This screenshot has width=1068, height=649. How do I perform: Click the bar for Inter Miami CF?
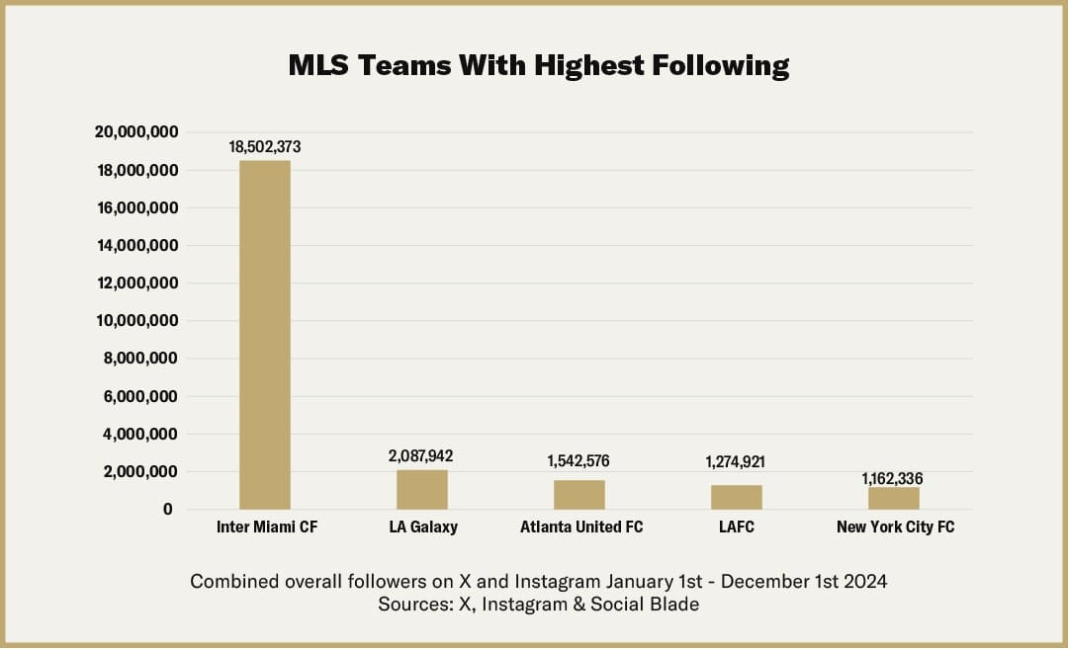pos(265,335)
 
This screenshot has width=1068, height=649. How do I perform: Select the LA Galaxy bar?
pos(422,489)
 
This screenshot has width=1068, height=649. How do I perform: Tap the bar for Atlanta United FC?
pos(579,494)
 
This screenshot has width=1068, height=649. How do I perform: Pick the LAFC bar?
pos(737,497)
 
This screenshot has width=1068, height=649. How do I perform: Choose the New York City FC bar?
pos(894,498)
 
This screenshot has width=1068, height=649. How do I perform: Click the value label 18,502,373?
pos(265,146)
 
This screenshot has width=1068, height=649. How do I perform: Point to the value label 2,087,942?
pos(422,455)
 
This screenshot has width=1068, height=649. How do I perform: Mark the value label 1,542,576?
pos(579,461)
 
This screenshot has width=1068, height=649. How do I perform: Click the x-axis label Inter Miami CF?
pos(267,527)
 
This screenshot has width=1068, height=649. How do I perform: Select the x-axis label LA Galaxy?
pos(423,527)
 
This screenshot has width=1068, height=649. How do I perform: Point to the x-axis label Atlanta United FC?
pos(581,527)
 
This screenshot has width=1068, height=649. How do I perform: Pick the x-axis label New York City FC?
pos(895,527)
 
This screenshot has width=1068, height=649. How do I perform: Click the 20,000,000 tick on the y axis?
pos(136,132)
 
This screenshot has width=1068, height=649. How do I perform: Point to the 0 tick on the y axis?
pos(169,510)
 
